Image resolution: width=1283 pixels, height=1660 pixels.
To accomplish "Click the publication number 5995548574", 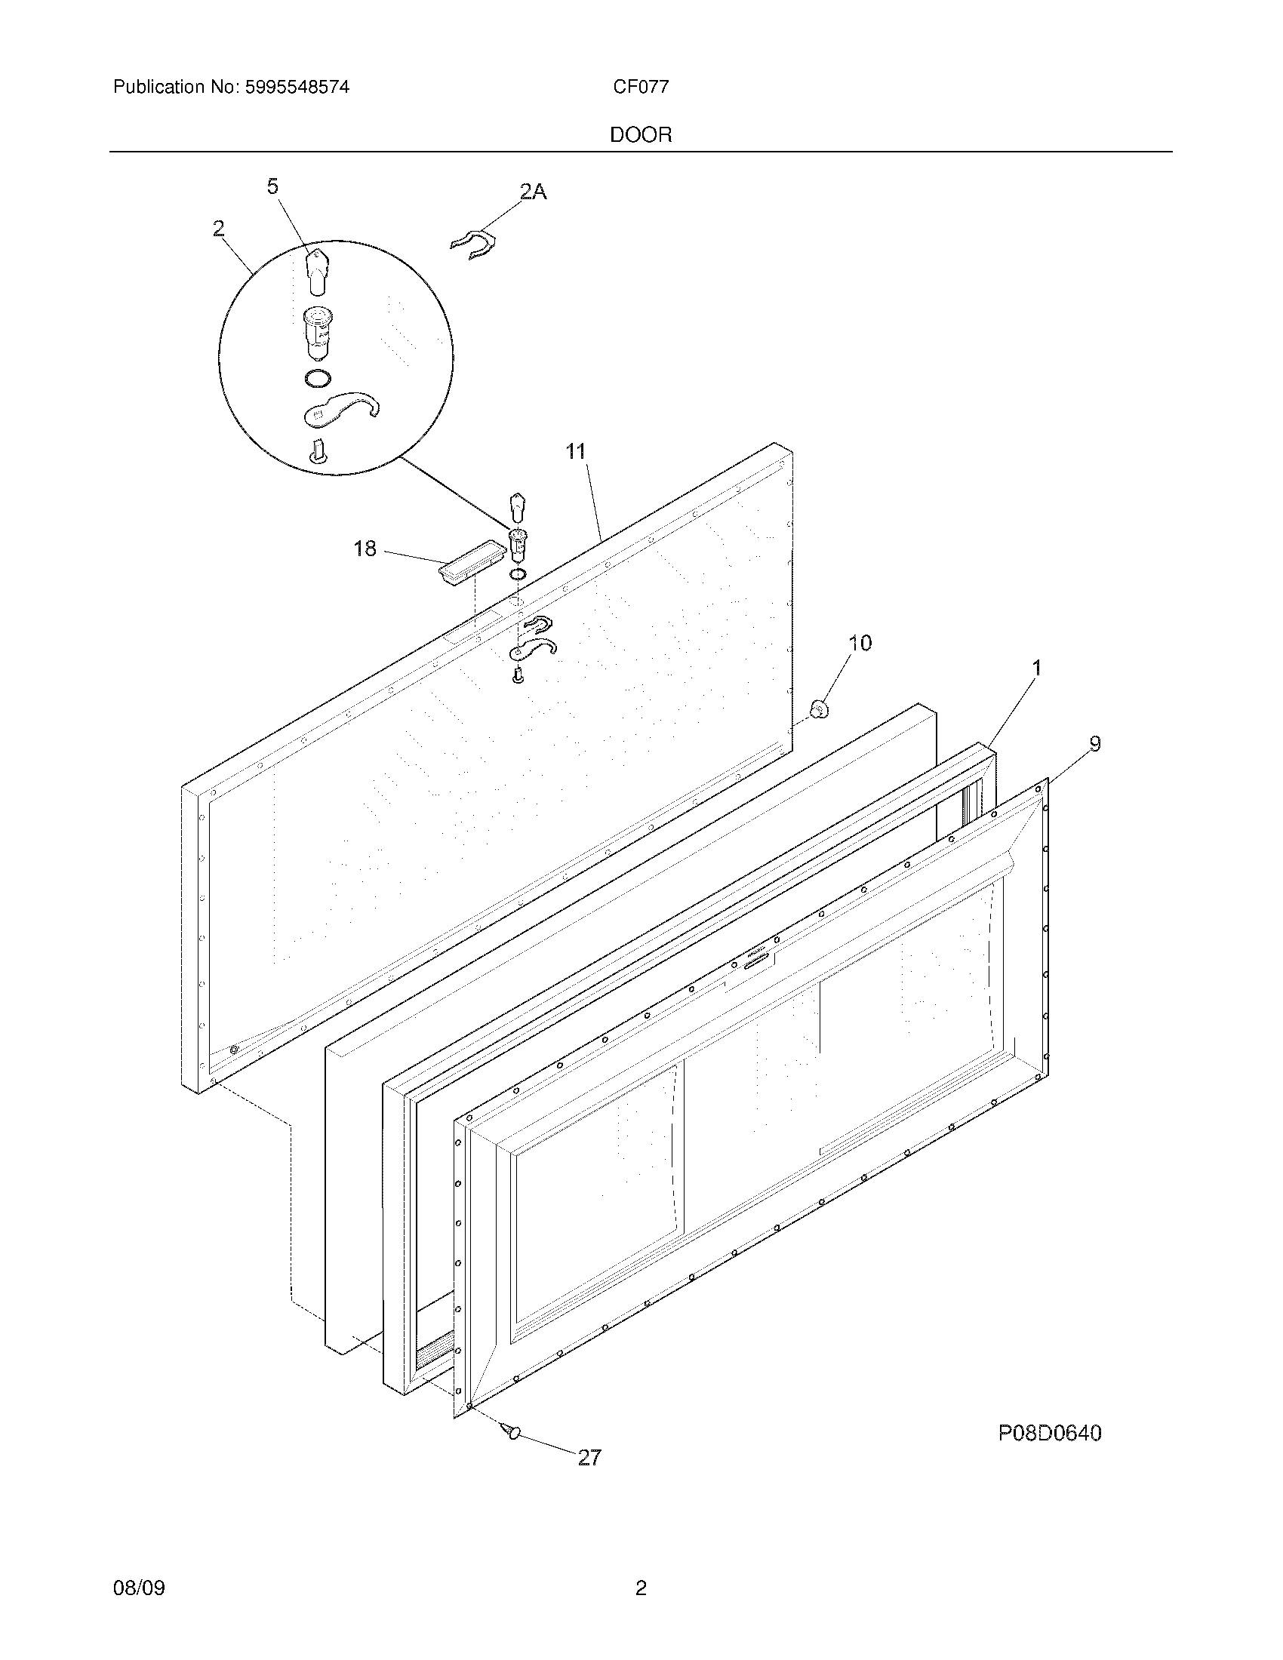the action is (297, 88).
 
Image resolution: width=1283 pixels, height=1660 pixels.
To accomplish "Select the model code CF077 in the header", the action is (641, 88).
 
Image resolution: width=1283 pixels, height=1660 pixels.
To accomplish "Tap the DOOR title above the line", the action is (641, 135).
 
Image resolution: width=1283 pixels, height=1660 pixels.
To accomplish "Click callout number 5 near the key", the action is (273, 186).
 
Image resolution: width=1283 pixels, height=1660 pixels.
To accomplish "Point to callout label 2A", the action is (533, 192).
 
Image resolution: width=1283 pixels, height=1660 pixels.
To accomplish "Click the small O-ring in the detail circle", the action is (318, 378).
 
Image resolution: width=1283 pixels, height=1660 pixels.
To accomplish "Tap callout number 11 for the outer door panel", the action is (576, 451).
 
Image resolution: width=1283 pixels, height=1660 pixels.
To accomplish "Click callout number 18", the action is (365, 549).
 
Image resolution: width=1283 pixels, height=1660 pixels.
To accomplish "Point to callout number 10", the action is (860, 643).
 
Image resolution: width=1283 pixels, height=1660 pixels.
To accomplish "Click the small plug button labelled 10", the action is (819, 710).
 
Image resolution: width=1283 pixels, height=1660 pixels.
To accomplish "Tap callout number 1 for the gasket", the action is (1035, 668).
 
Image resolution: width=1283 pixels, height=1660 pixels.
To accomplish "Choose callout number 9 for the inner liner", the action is (1094, 743).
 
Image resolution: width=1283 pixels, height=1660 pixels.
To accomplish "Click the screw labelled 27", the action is (511, 1431).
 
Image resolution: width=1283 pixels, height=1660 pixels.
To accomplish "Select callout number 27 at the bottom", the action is (590, 1457).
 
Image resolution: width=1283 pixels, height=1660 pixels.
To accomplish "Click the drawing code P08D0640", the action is (1049, 1434).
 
